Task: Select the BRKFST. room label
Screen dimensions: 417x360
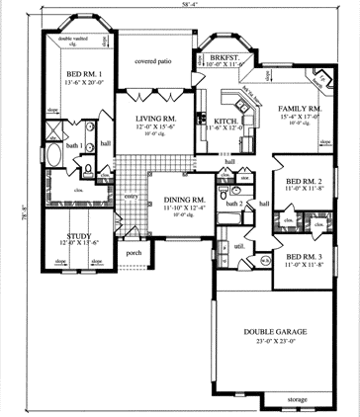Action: (222, 59)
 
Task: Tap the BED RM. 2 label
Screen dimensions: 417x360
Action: (305, 183)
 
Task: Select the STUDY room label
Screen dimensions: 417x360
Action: (77, 237)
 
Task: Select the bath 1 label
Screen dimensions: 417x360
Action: (72, 146)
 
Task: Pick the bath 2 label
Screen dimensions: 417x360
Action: (234, 204)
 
